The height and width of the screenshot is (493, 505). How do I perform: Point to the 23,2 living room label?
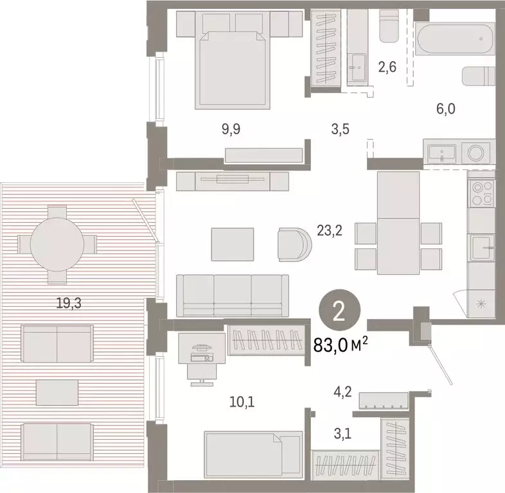tap(329, 230)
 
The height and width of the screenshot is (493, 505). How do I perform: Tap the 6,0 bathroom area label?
tap(445, 110)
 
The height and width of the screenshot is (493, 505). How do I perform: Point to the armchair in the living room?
tap(294, 243)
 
